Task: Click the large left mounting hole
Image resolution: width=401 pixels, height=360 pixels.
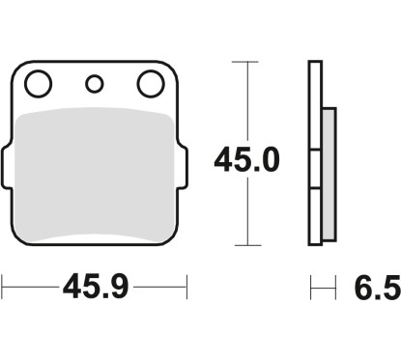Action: [x=39, y=86]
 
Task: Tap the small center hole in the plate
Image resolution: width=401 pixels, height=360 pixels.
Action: [x=94, y=84]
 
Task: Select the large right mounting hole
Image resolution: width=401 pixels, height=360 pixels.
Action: [x=149, y=86]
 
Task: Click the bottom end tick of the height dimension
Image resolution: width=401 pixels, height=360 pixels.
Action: [x=249, y=245]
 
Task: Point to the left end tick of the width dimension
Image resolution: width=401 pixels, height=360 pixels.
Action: [x=3, y=286]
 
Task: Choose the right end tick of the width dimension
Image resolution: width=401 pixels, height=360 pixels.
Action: [x=186, y=286]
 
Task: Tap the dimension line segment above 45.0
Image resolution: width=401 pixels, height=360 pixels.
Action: [x=249, y=97]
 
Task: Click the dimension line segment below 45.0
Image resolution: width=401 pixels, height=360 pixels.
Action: [x=249, y=212]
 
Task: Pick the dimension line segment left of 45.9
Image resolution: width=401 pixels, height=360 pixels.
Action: [x=29, y=286]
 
